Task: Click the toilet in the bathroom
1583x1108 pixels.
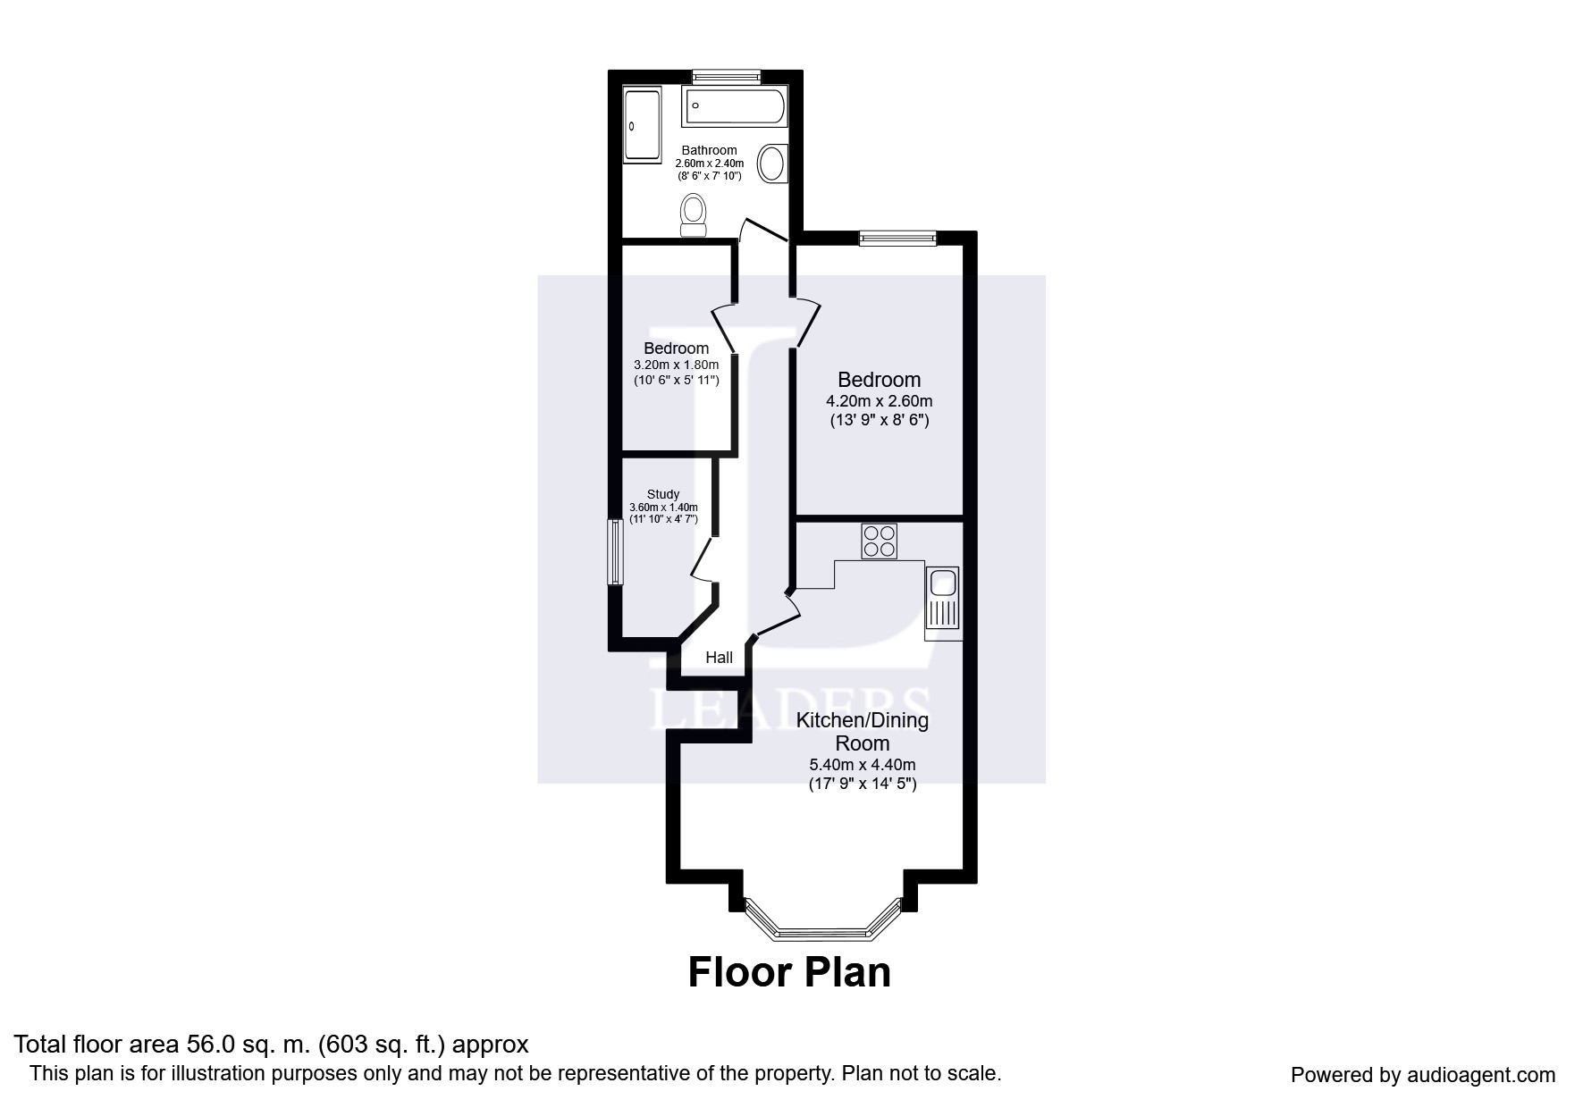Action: pyautogui.click(x=693, y=214)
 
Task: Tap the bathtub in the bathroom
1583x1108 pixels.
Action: pyautogui.click(x=735, y=107)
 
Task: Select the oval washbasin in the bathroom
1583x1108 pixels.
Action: pyautogui.click(x=772, y=164)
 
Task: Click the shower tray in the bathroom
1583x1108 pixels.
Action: pyautogui.click(x=641, y=124)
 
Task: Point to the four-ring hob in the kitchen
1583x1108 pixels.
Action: pyautogui.click(x=879, y=541)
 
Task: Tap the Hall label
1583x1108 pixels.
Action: pyautogui.click(x=719, y=658)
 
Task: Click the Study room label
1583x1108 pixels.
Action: pyautogui.click(x=662, y=494)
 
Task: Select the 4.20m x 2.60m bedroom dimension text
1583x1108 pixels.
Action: pyautogui.click(x=879, y=401)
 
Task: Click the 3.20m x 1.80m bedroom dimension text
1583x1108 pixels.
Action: pyautogui.click(x=676, y=365)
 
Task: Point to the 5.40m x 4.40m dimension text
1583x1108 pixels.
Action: pyautogui.click(x=862, y=765)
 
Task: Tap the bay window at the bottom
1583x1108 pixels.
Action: pyautogui.click(x=821, y=929)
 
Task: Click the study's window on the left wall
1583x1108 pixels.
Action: pyautogui.click(x=614, y=552)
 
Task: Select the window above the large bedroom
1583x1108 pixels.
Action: pyautogui.click(x=897, y=238)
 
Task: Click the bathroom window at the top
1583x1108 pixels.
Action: pyautogui.click(x=726, y=76)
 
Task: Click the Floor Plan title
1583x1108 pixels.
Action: pyautogui.click(x=788, y=972)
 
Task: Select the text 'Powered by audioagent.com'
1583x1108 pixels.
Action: pyautogui.click(x=1422, y=1075)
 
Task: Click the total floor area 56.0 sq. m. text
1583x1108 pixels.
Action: pyautogui.click(x=271, y=1044)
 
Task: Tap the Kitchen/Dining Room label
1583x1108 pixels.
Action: pyautogui.click(x=862, y=731)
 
